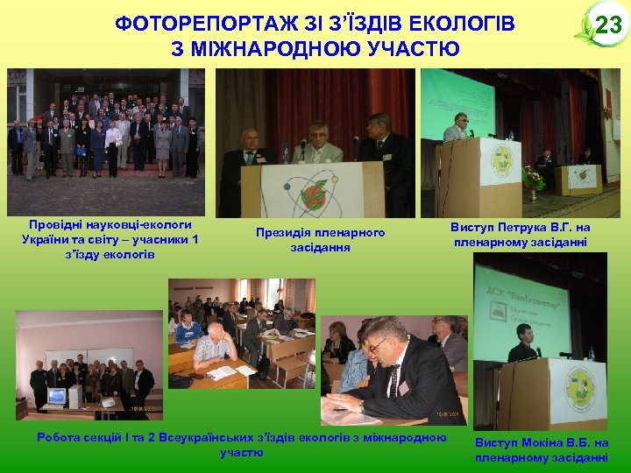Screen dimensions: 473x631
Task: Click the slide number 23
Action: [x=607, y=25]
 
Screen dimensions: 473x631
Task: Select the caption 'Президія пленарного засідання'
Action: [x=320, y=240]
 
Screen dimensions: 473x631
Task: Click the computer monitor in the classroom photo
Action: [x=57, y=396]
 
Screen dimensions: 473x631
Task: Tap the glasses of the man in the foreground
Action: [x=379, y=345]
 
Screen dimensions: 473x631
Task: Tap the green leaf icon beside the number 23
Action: [x=583, y=32]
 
